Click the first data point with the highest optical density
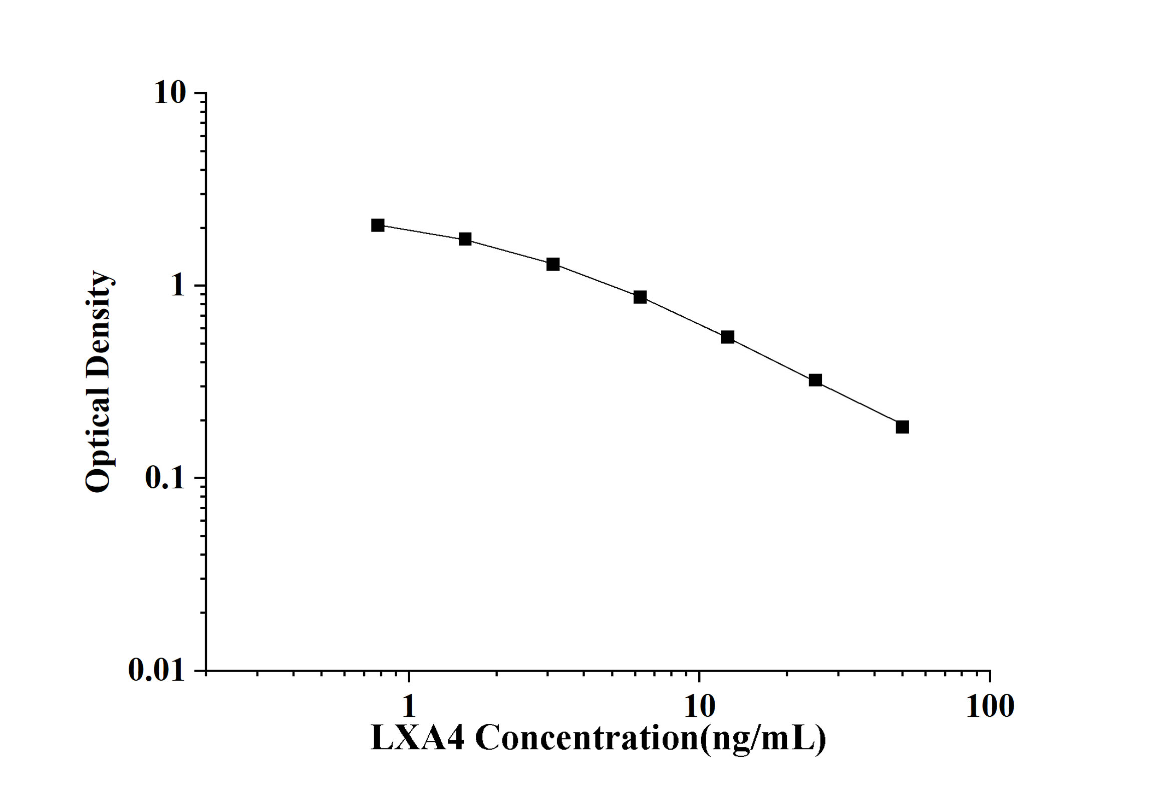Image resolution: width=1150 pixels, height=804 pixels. click(x=378, y=225)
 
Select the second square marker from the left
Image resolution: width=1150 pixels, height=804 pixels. click(x=465, y=239)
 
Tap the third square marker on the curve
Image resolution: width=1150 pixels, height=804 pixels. click(x=553, y=264)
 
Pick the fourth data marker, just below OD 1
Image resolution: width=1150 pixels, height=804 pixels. click(x=640, y=297)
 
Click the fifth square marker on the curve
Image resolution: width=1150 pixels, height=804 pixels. click(x=728, y=337)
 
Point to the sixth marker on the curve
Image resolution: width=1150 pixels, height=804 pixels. click(x=815, y=380)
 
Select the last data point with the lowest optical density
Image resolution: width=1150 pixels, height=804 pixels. click(x=903, y=427)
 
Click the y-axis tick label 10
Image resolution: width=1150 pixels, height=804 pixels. click(x=170, y=93)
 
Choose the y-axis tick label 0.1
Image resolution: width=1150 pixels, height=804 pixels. click(x=165, y=478)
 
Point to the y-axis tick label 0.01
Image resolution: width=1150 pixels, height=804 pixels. click(x=156, y=670)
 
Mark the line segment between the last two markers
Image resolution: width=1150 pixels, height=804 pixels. click(x=859, y=404)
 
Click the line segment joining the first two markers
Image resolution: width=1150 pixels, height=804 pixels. click(x=421, y=232)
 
